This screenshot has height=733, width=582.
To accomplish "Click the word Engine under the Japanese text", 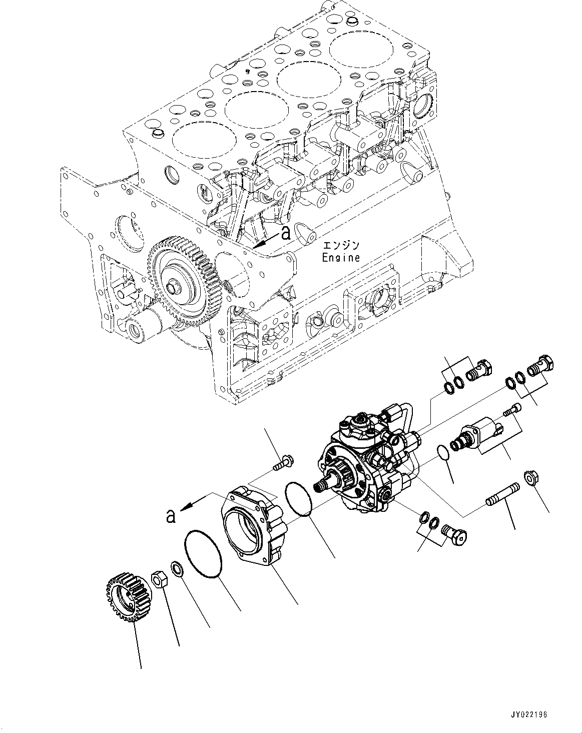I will point(341,258).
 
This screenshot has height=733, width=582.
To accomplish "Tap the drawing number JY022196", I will point(529,714).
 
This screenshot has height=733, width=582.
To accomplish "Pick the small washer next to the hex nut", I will point(177,569).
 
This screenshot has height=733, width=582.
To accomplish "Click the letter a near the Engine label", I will point(286,233).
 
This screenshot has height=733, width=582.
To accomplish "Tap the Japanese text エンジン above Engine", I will point(341,245).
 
